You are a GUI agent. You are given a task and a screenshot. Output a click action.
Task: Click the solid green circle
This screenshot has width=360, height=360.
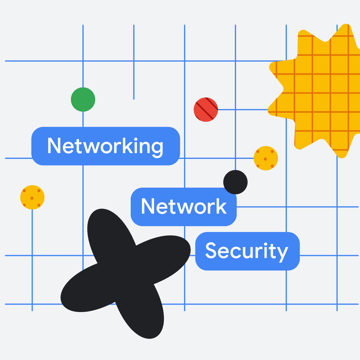[83, 99]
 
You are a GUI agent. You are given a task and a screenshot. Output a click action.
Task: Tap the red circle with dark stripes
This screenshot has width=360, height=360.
[206, 109]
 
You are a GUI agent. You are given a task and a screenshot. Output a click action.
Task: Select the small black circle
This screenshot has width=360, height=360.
[235, 182]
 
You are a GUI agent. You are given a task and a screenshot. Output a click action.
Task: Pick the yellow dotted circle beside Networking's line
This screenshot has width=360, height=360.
[266, 158]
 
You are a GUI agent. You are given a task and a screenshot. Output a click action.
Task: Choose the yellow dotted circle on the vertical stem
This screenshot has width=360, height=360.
[32, 197]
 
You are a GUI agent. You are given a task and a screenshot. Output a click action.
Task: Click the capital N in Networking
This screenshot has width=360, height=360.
[54, 145]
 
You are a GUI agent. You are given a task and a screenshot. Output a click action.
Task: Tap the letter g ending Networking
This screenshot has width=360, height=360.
[157, 148]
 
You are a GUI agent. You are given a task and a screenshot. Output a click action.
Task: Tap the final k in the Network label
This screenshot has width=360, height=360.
[222, 206]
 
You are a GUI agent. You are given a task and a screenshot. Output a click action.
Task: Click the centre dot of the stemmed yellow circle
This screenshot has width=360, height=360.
[32, 198]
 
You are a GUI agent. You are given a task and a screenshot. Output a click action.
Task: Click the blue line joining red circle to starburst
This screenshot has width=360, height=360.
[243, 110]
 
